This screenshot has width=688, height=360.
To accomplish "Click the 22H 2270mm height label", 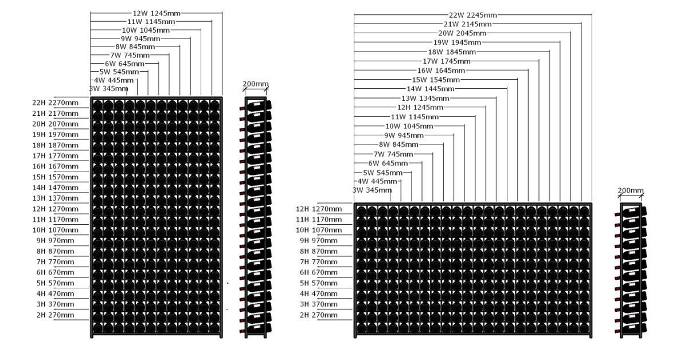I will coord(55,103).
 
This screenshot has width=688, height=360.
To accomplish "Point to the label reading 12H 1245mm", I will coord(420,107).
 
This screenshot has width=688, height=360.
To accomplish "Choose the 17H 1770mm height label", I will coord(55,155).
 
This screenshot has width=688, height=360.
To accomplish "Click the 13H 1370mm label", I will coord(55,198).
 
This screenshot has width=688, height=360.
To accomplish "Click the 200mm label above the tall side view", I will coord(255,84).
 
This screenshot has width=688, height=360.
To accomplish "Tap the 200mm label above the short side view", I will coord(631,190).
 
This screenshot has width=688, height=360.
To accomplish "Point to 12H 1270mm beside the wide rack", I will coord(319,209).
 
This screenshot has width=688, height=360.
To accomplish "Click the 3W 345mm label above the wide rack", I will coord(372,190).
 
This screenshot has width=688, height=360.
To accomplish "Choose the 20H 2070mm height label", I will coord(55,124).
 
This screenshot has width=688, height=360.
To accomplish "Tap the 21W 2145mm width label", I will coord(467,24).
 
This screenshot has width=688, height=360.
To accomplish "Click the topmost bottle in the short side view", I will coord(634,211).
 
